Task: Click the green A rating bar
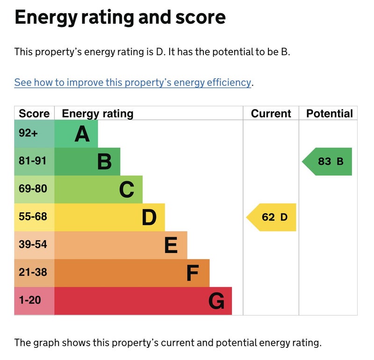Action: [x=76, y=134]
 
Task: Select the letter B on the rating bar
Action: [x=104, y=162]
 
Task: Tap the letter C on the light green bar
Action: [x=127, y=190]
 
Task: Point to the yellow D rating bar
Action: [x=110, y=217]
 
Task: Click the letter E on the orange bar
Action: [x=171, y=245]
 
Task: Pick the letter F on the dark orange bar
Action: [x=193, y=273]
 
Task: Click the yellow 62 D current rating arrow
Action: [x=272, y=217]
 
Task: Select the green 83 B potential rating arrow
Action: [x=328, y=162]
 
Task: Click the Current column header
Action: [x=271, y=113]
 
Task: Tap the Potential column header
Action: [x=329, y=113]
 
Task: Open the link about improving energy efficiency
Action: [x=133, y=83]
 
